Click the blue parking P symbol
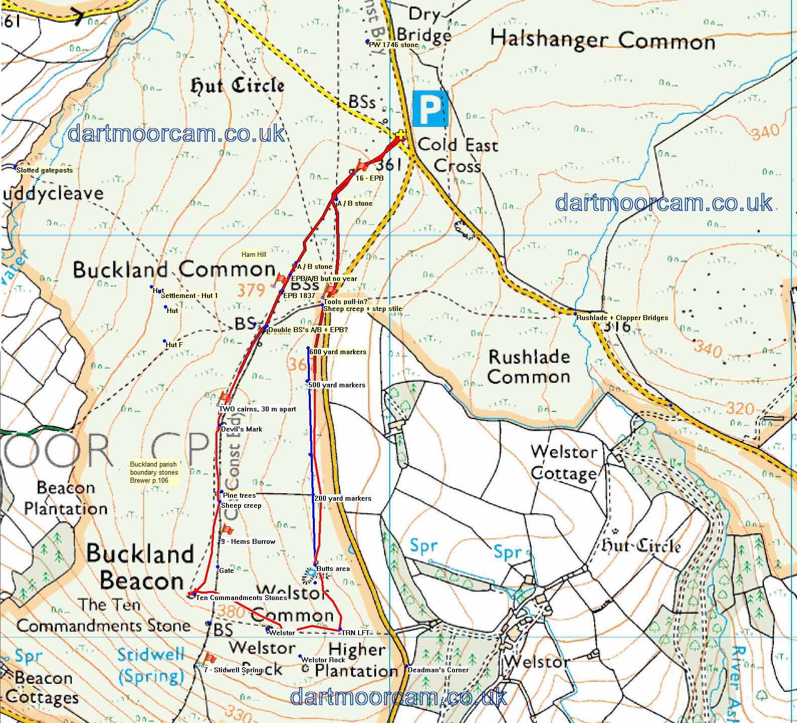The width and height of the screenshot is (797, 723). point(429,109)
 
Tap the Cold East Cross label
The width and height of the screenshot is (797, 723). point(457,155)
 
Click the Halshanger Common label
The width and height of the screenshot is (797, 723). point(602,40)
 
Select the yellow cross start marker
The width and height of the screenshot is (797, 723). point(400,135)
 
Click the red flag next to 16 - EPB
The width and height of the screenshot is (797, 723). point(362,165)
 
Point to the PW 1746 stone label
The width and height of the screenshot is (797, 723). point(393,45)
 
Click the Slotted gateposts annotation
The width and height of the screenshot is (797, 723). point(44,170)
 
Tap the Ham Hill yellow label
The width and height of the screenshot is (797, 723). point(254,255)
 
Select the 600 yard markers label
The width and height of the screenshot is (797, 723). point(337,352)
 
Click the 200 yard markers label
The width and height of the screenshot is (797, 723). point(343,499)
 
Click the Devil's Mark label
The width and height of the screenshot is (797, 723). point(242,429)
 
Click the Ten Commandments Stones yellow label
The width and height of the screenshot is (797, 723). point(242,598)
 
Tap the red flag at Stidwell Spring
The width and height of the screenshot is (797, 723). point(209,658)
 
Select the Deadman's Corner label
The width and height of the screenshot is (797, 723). point(438,670)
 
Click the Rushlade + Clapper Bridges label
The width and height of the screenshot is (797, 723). point(622,318)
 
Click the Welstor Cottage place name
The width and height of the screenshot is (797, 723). point(564,462)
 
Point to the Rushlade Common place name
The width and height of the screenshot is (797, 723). point(529,367)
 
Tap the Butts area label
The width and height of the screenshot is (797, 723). point(333,569)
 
